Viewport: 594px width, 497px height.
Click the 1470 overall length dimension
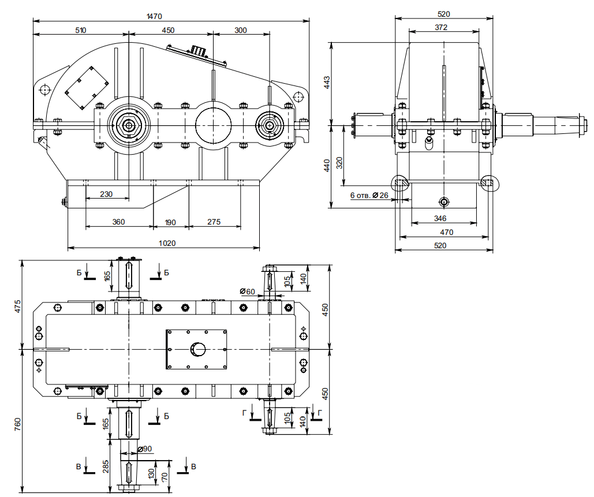[154, 17]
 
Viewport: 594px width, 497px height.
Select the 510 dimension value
[80, 30]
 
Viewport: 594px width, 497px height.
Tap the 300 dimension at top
[241, 30]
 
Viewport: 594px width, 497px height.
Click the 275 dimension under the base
[214, 222]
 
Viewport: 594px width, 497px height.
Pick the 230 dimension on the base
[106, 194]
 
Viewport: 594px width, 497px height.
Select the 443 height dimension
[327, 83]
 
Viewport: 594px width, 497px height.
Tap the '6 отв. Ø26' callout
[369, 196]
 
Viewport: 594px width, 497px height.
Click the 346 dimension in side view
[440, 219]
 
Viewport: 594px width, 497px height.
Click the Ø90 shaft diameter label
[145, 449]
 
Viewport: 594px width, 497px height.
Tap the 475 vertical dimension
[17, 305]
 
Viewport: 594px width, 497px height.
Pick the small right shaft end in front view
[270, 124]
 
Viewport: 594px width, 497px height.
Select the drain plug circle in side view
[443, 201]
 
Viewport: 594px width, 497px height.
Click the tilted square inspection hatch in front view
[85, 87]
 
